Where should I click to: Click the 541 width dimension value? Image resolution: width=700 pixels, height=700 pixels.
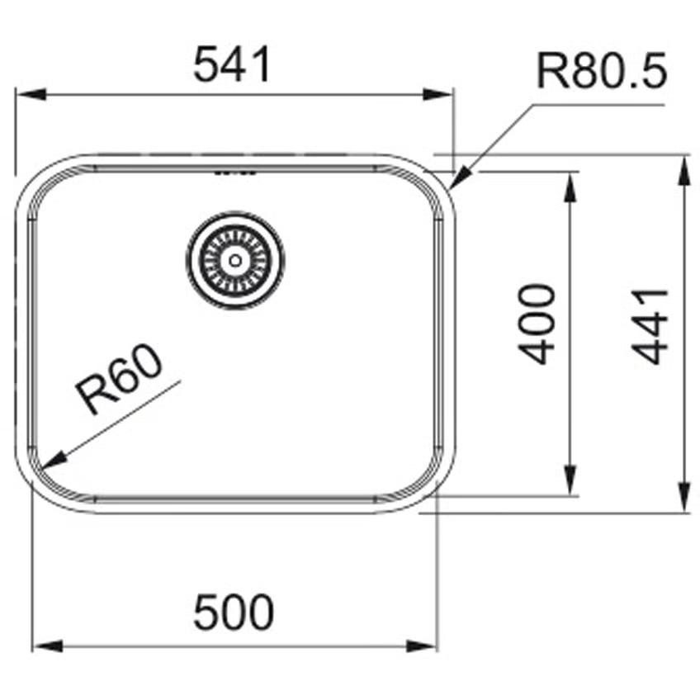[x=232, y=64]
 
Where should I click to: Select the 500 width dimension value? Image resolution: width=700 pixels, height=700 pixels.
[x=234, y=612]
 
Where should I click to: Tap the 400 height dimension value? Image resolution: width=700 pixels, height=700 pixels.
[x=537, y=324]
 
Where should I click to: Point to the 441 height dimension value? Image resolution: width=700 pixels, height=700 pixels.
[x=650, y=326]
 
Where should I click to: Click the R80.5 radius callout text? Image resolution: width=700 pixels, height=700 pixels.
[x=602, y=70]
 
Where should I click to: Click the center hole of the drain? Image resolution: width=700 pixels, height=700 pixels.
[x=235, y=260]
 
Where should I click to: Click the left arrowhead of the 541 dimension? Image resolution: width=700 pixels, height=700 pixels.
[x=31, y=95]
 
